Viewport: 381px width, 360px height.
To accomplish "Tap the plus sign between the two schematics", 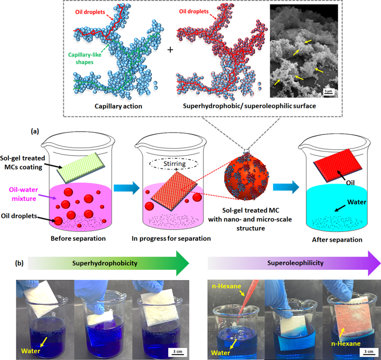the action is click(170, 49).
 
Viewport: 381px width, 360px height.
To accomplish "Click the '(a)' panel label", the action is click(35, 131).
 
